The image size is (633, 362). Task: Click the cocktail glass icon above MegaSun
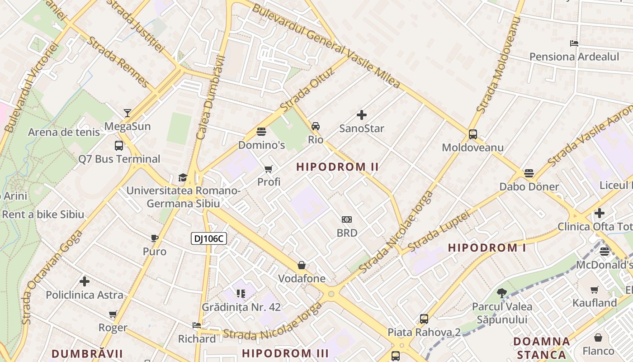coord(128,113)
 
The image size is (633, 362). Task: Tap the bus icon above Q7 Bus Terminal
coord(119,146)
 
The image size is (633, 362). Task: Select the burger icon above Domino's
coord(261,132)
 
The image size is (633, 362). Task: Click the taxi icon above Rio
coord(316,126)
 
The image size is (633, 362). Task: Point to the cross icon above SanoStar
coord(362,115)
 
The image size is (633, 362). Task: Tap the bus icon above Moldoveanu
coord(473,134)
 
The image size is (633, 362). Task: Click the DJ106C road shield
coord(208,238)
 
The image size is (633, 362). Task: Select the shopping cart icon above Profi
coord(269,169)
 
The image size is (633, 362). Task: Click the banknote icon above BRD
coord(347,219)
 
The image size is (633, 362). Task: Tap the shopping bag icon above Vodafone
coord(302,265)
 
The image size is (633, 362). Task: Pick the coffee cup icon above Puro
coord(155,238)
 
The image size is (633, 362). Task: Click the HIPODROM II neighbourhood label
coord(337,167)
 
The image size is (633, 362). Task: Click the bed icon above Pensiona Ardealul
coord(574,43)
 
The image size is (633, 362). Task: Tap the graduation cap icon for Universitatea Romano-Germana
coord(183,177)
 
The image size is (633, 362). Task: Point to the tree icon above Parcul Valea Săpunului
coord(501,293)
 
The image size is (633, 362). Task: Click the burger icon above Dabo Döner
coord(529,173)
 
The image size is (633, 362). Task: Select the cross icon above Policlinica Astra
coord(85,281)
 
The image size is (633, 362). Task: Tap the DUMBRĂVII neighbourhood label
coord(87,353)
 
